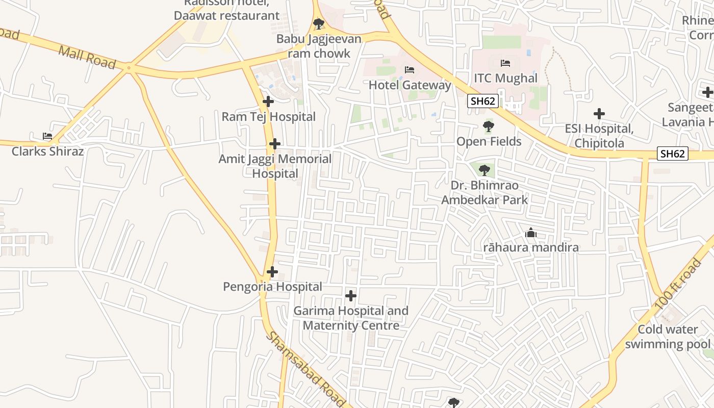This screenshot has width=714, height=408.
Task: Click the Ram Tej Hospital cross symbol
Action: point(268,101)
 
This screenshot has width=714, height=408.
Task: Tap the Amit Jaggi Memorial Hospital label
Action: point(275,166)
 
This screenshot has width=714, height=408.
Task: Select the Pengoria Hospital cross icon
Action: point(272,272)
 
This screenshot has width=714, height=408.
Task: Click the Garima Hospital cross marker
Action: point(351,295)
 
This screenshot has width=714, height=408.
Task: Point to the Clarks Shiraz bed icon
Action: point(47,136)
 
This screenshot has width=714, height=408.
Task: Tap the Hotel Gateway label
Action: point(410,85)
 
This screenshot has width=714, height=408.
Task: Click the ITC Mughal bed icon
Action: point(505,63)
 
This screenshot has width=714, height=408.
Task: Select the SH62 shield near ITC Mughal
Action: point(483,101)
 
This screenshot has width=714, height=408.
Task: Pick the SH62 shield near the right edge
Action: point(673,154)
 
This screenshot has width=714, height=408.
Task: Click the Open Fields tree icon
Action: point(489,126)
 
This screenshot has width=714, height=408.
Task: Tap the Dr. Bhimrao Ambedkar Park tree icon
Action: point(484,170)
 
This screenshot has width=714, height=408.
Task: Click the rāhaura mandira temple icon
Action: point(531,234)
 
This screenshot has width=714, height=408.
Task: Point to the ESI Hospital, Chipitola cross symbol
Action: point(599,114)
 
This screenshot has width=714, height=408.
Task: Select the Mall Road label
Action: point(87,57)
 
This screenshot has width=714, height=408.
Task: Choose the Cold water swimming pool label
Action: point(668,337)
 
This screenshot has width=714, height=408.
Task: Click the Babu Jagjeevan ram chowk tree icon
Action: point(319,23)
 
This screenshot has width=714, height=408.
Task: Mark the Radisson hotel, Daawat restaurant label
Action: point(226,10)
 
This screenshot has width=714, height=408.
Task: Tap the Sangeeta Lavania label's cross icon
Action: point(707,92)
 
